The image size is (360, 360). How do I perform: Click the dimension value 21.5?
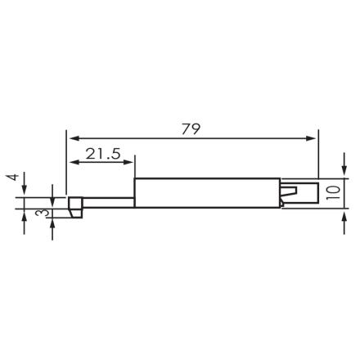[102, 153]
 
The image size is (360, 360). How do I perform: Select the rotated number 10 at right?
[331, 193]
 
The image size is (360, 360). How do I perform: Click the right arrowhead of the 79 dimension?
[313, 138]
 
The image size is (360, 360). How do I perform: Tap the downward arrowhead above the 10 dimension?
[340, 174]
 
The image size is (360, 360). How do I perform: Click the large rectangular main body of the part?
[205, 192]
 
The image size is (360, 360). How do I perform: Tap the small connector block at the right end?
[300, 193]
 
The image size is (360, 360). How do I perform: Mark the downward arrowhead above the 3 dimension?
[53, 193]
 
